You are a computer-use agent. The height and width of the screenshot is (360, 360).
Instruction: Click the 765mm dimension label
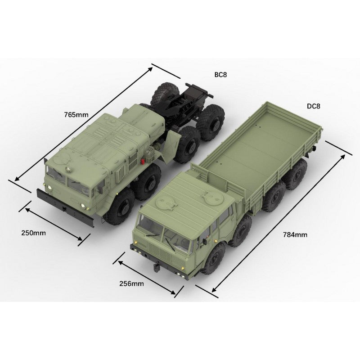pyautogui.click(x=76, y=114)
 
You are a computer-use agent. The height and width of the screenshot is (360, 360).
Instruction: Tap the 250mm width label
pyautogui.click(x=33, y=233)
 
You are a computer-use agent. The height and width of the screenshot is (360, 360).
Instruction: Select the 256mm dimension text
pyautogui.click(x=131, y=283)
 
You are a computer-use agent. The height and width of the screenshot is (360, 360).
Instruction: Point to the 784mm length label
pyautogui.click(x=295, y=234)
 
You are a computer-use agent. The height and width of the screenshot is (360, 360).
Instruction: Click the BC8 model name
pyautogui.click(x=220, y=75)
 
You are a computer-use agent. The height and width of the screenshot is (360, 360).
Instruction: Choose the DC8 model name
pyautogui.click(x=313, y=106)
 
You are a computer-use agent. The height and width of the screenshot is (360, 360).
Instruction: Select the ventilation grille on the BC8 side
pyautogui.click(x=133, y=162)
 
